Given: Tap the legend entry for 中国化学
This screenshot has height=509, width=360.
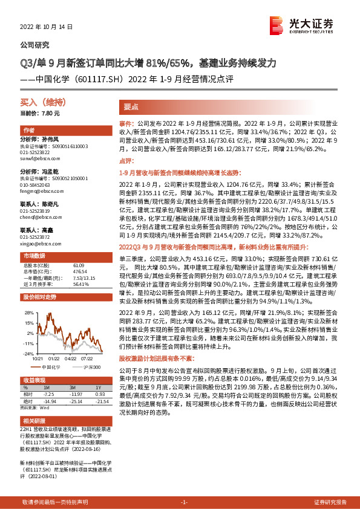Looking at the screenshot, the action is click(x=52, y=367).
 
